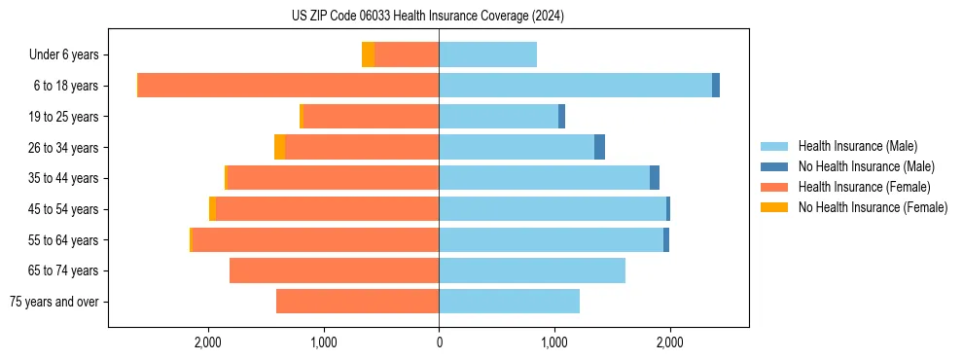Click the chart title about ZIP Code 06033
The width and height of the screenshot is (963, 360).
(x=427, y=17)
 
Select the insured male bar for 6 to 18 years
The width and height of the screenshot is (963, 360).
(x=575, y=86)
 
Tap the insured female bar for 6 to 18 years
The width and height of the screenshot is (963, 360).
(x=288, y=86)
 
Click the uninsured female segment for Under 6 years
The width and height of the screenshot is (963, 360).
(x=368, y=54)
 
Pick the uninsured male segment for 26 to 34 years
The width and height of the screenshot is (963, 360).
(x=599, y=147)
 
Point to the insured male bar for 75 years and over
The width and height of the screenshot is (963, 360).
(x=509, y=302)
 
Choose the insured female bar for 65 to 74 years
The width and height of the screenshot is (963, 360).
(x=334, y=270)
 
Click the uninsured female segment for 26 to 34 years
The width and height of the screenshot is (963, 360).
(x=279, y=147)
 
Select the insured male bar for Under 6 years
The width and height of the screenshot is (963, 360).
(x=487, y=54)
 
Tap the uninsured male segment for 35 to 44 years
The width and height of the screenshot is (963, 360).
(x=655, y=178)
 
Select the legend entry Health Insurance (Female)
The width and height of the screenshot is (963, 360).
(x=864, y=187)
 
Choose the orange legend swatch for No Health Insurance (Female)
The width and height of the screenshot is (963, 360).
(x=774, y=207)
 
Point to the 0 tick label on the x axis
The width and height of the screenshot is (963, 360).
(x=439, y=342)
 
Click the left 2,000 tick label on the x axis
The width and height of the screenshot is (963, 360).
(x=208, y=342)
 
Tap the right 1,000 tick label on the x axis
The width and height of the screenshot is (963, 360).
(x=553, y=342)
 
